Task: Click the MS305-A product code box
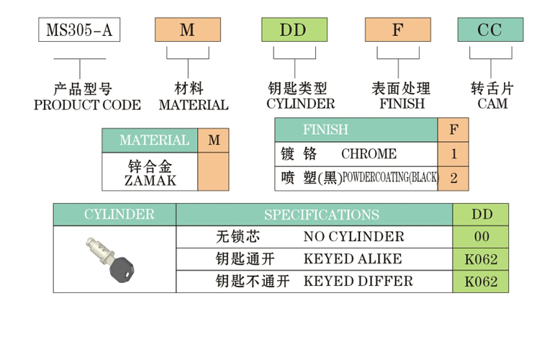pyautogui.click(x=78, y=30)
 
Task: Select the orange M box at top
pyautogui.click(x=187, y=30)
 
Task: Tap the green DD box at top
pyautogui.click(x=293, y=30)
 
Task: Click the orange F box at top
pyautogui.click(x=397, y=30)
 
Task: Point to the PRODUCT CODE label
pyautogui.click(x=88, y=104)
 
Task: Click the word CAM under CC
pyautogui.click(x=492, y=104)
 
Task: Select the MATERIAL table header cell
pyautogui.click(x=150, y=140)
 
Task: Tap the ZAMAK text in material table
pyautogui.click(x=150, y=180)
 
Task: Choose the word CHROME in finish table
pyautogui.click(x=369, y=154)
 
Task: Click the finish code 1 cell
pyautogui.click(x=453, y=154)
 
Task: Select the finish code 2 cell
pyautogui.click(x=453, y=178)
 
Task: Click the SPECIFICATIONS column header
pyautogui.click(x=321, y=215)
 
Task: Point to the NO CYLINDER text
pyautogui.click(x=354, y=237)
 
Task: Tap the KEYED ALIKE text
pyautogui.click(x=353, y=259)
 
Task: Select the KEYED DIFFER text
pyautogui.click(x=358, y=282)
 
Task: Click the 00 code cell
pyautogui.click(x=481, y=237)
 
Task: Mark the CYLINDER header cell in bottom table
pyautogui.click(x=115, y=215)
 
